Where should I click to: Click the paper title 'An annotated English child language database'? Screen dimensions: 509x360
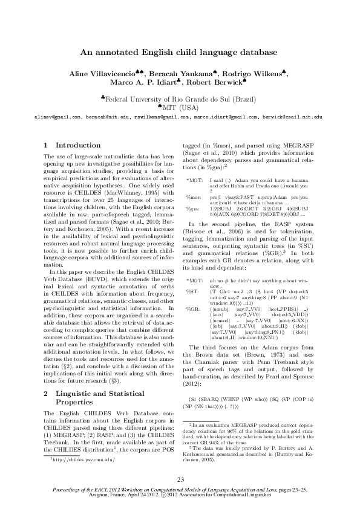[x=180, y=53]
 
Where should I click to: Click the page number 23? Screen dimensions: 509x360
[x=180, y=480]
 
